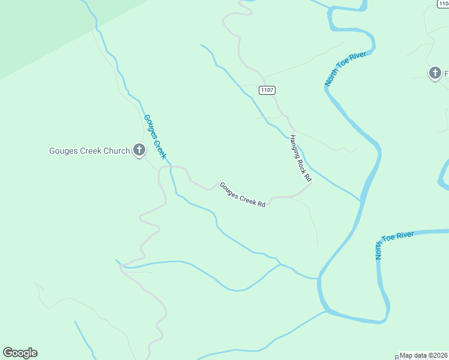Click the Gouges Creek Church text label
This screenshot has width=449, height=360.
click(89, 151)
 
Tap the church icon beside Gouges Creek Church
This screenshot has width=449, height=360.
click(139, 150)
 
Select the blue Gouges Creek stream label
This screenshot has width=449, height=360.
click(155, 137)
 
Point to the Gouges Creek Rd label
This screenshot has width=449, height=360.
click(243, 194)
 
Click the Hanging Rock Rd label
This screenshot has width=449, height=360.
click(301, 158)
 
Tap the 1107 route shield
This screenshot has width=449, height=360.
click(268, 90)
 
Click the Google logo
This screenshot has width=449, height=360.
click(20, 353)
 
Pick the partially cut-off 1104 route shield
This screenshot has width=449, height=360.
click(443, 4)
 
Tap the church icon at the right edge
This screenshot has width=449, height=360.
click(435, 73)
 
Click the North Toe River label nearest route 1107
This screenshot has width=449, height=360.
click(345, 68)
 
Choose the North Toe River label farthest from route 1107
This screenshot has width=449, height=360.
click(394, 245)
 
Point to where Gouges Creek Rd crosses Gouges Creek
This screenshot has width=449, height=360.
click(171, 167)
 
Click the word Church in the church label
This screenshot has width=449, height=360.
click(117, 151)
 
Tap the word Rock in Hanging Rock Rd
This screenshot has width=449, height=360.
click(302, 161)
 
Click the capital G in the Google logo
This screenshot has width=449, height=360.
click(8, 353)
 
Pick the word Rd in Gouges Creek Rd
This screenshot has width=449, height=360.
click(261, 204)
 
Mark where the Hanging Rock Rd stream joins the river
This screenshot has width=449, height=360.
click(361, 201)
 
